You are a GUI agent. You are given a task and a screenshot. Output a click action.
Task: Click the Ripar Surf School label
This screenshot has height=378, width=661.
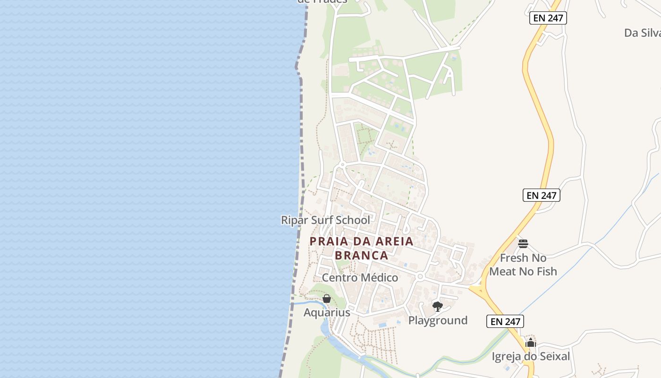pyautogui.click(x=326, y=220)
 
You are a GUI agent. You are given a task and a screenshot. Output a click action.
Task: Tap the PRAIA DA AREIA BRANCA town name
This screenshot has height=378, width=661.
pyautogui.click(x=362, y=248)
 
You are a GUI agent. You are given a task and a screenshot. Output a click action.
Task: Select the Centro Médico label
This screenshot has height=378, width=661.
pyautogui.click(x=360, y=278)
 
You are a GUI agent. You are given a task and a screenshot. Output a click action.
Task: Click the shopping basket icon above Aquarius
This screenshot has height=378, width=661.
pyautogui.click(x=326, y=299)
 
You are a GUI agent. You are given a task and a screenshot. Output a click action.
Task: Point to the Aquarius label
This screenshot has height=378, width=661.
pyautogui.click(x=327, y=313)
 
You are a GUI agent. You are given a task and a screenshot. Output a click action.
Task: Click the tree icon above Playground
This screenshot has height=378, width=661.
pyautogui.click(x=438, y=307)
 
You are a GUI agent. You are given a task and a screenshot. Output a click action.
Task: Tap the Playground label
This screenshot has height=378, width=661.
pyautogui.click(x=438, y=320)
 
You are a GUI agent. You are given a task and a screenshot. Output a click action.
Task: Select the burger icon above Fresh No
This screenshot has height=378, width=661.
pyautogui.click(x=523, y=244)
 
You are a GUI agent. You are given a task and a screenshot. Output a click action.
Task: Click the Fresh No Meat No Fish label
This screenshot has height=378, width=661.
pyautogui.click(x=523, y=265)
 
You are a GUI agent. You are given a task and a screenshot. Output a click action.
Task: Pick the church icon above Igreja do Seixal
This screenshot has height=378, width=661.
pyautogui.click(x=531, y=343)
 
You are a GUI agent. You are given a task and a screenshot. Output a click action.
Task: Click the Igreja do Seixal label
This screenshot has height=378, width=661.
pyautogui.click(x=531, y=356)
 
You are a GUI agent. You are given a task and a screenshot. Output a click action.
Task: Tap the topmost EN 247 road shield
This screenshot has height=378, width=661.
pyautogui.click(x=548, y=18)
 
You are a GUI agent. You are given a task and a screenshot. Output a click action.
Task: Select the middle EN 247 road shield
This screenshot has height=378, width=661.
pyautogui.click(x=541, y=195)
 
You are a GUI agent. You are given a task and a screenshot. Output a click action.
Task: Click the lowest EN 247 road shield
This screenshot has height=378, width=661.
pyautogui.click(x=505, y=322)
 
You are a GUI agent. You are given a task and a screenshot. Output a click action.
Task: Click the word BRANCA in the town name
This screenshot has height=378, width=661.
pyautogui.click(x=362, y=256)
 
